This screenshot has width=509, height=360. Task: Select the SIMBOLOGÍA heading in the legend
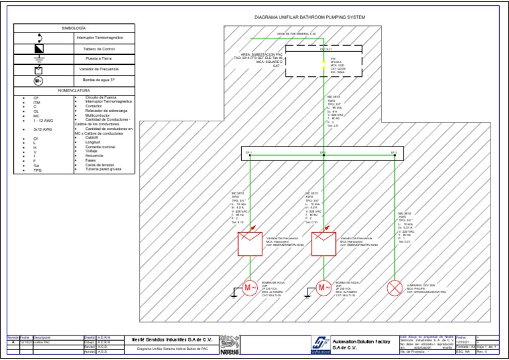coord(74,29)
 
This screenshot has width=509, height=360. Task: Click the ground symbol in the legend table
coord(40,58)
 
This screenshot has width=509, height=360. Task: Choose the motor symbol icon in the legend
coord(40,80)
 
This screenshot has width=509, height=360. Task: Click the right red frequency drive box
coord(323,243)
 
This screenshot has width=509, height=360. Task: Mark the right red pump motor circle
coord(323,288)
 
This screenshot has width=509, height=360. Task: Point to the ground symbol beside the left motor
coord(233,292)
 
